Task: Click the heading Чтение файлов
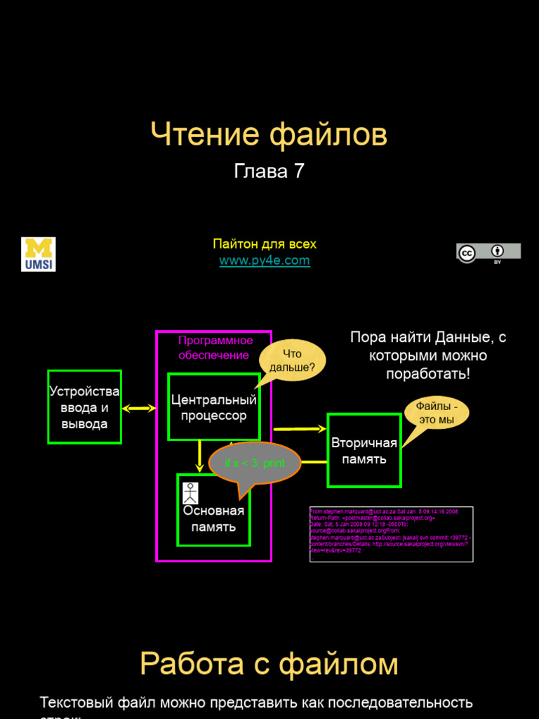coord(269,135)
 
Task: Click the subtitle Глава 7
coord(269,171)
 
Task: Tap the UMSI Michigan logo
coord(39,254)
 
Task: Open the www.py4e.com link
coord(265,260)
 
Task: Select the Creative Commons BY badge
coord(488,253)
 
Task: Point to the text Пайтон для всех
coord(265,244)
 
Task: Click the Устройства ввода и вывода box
coord(84,407)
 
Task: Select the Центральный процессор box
coord(213,407)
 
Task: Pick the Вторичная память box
coord(364,451)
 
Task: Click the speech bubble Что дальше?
coord(293,361)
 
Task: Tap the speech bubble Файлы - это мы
coord(437,413)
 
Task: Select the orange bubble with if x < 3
coord(255,463)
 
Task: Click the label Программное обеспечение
coord(215,348)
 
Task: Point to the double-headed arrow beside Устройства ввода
coord(138,408)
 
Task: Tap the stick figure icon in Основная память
coord(190,494)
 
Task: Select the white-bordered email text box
coord(391,534)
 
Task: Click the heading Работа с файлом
coord(269,664)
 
